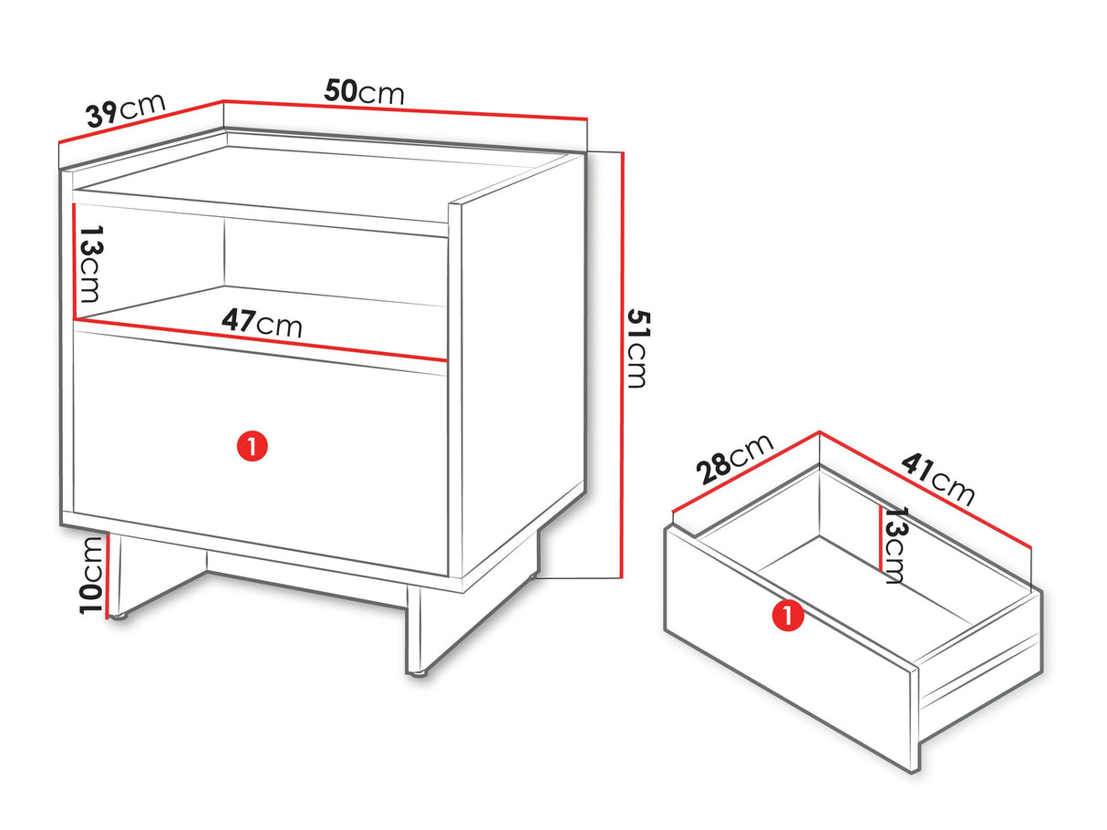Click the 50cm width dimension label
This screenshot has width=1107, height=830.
coord(364,92)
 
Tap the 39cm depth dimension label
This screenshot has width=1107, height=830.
coord(126,109)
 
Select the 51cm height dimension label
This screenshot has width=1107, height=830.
coord(637,349)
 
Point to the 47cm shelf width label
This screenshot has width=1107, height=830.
coord(262,323)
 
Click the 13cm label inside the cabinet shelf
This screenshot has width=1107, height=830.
coord(91,264)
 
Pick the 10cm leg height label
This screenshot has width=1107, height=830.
coord(91,576)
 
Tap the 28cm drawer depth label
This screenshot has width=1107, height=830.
coord(734,459)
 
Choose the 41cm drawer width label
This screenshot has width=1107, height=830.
coord(937,479)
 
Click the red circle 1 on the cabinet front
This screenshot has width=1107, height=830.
coord(253,446)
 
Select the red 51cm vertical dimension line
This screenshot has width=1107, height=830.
coord(622,365)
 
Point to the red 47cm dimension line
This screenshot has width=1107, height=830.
coord(261,339)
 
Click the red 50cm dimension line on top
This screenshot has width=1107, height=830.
coord(406,110)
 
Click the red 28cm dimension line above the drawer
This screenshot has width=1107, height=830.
coord(746,472)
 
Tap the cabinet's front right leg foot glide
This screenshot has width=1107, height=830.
coord(417,673)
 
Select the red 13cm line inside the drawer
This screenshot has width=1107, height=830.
coord(881,538)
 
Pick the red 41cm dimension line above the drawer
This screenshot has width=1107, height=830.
coord(926,489)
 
